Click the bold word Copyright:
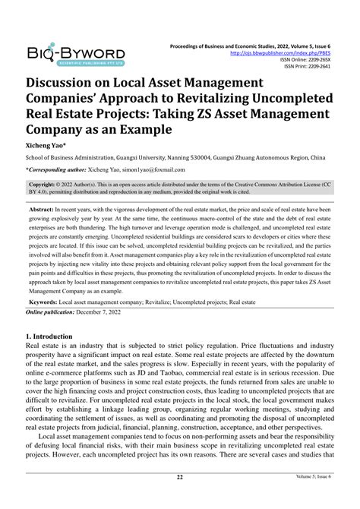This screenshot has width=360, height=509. click(43, 185)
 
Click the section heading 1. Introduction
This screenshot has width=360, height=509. click(50, 336)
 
